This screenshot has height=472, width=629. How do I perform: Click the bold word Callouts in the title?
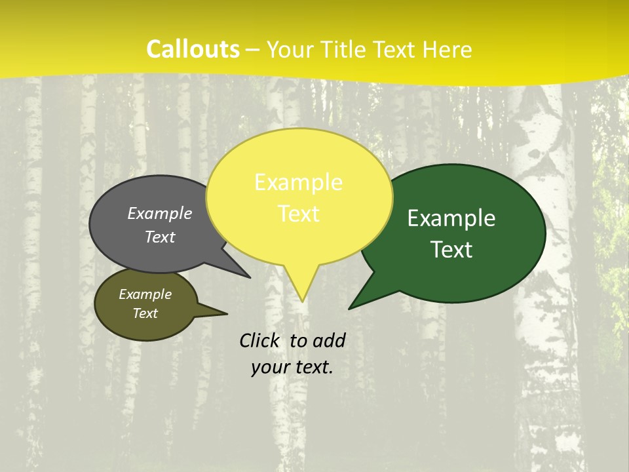tap(193, 49)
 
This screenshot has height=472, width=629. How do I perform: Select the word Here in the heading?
tap(448, 50)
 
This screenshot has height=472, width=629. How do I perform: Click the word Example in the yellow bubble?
tap(298, 182)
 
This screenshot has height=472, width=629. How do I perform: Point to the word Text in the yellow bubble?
tap(299, 214)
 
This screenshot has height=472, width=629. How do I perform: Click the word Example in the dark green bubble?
tap(451, 218)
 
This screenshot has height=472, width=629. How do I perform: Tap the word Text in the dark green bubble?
tap(452, 250)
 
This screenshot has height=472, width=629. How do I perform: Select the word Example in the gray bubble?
tap(160, 213)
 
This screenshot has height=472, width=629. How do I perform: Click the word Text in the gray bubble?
tap(160, 237)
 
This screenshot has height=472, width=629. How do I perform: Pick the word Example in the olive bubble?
tap(145, 294)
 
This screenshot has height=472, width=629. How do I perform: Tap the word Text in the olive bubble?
tap(145, 313)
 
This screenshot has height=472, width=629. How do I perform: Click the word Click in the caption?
tap(261, 340)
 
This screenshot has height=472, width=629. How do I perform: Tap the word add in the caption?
tap(329, 340)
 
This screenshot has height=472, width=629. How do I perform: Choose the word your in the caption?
tap(269, 367)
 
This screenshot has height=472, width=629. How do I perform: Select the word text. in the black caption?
tap(311, 367)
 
